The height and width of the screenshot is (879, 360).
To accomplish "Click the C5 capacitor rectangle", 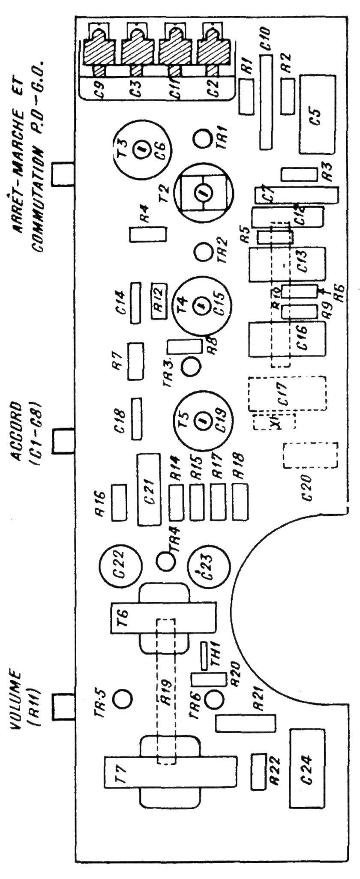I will point(318,115).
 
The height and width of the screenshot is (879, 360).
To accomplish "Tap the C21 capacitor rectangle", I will point(148,489).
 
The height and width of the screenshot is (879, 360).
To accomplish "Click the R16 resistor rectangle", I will point(119,502).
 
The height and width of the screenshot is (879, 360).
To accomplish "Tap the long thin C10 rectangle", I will point(266,103).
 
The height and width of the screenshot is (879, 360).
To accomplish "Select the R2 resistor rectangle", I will point(288,96).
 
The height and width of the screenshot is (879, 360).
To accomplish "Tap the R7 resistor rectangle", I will point(135,361).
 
